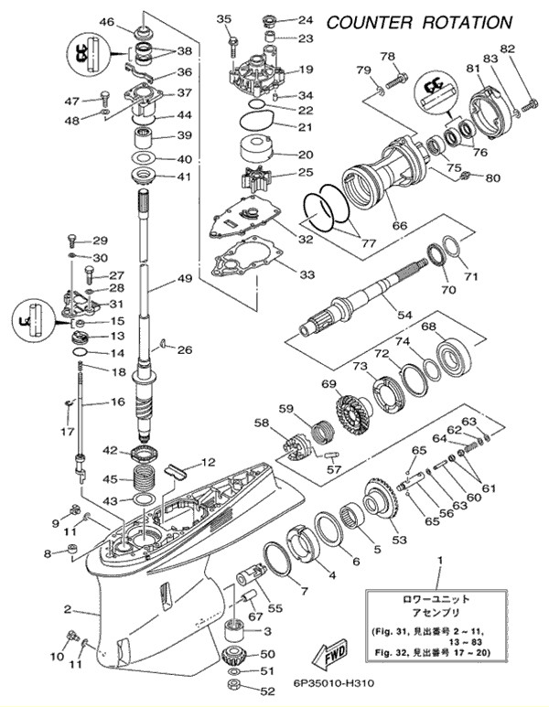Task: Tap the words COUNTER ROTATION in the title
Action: point(420,21)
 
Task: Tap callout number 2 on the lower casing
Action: point(67,609)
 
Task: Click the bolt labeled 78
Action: point(394,79)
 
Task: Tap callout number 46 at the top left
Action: point(106,21)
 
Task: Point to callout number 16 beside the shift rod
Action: point(117,402)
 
